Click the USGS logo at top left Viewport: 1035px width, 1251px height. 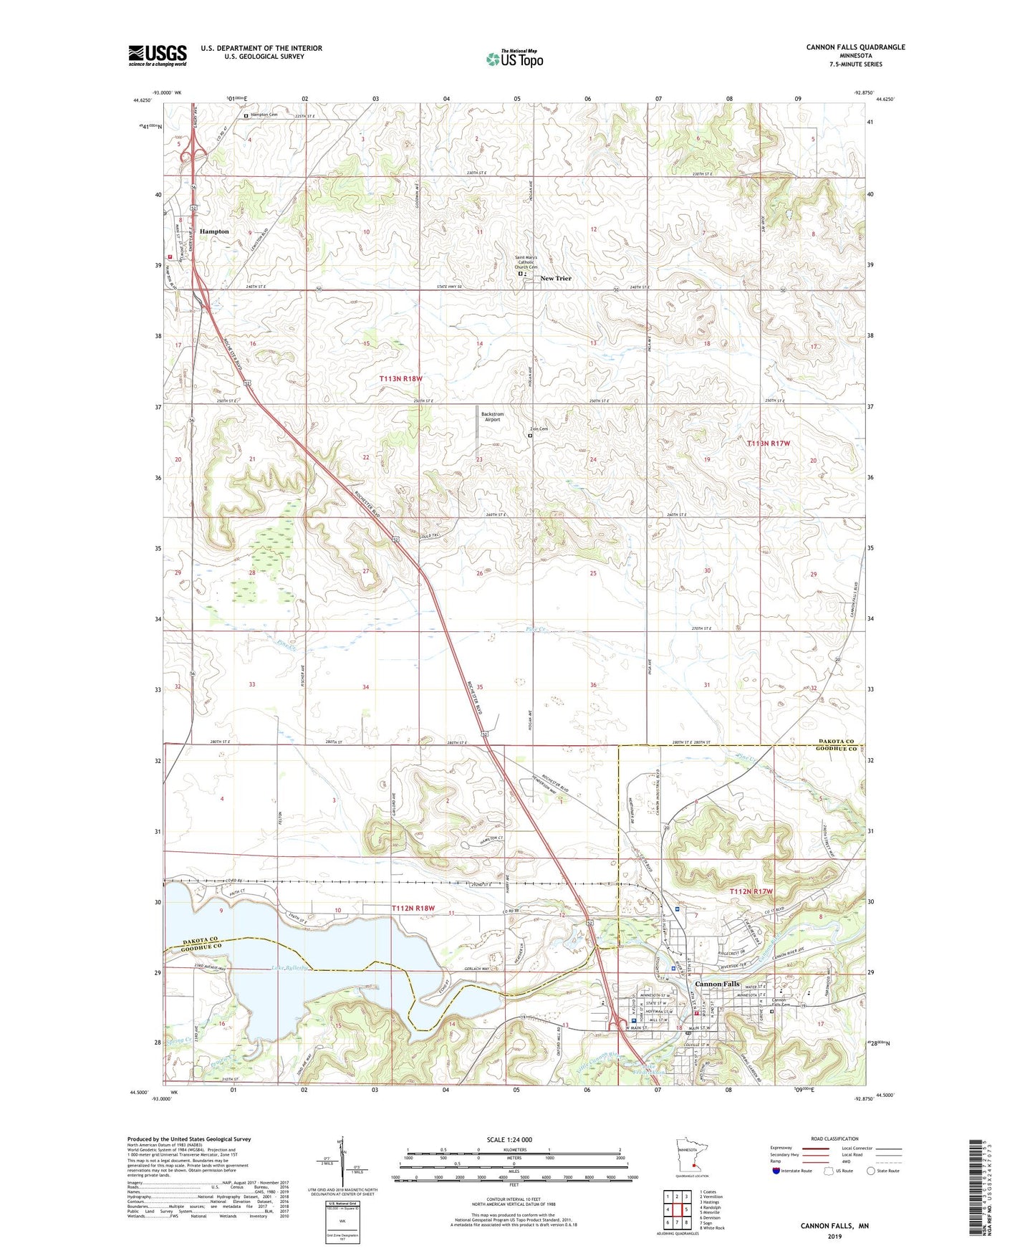(x=157, y=54)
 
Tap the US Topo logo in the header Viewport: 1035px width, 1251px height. (x=514, y=58)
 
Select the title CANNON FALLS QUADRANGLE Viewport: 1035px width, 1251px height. (x=855, y=47)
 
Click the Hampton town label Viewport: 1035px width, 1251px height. (x=214, y=231)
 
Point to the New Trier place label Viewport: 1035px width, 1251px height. (x=556, y=278)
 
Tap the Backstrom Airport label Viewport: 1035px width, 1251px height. (x=491, y=417)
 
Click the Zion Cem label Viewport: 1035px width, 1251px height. (x=539, y=429)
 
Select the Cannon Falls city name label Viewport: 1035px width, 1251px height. (x=717, y=984)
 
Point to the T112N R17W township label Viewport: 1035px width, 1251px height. (x=751, y=891)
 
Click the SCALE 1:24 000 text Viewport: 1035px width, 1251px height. (x=509, y=1139)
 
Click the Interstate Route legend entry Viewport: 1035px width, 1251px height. (x=795, y=1171)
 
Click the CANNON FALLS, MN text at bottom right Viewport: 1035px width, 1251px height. (x=834, y=1226)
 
